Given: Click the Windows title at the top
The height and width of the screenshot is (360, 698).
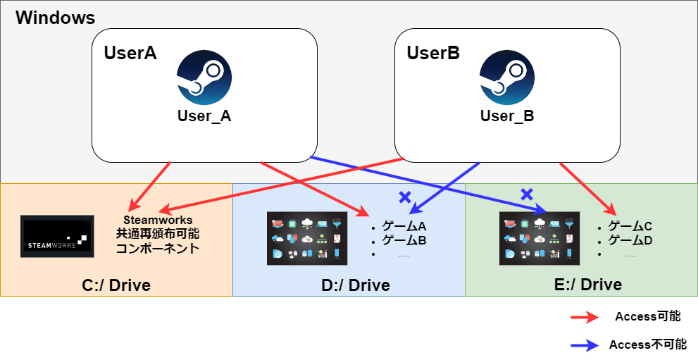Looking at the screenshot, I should (x=56, y=18).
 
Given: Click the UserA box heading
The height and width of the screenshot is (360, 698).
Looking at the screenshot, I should (x=130, y=54).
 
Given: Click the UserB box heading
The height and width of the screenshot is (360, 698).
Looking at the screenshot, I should (x=433, y=54).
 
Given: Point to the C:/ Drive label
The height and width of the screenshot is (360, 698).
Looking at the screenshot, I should (x=116, y=285).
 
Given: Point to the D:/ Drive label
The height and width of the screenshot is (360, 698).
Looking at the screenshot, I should (x=350, y=285).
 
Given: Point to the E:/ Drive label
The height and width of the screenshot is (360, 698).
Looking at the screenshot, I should (x=582, y=285).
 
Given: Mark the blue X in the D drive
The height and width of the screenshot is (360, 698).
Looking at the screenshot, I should (x=404, y=197).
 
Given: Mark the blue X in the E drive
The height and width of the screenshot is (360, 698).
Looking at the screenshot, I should (x=526, y=194).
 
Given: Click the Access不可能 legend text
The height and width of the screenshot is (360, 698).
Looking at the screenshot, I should (x=647, y=345).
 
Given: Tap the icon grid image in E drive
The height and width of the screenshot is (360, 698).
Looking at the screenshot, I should (x=540, y=239).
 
